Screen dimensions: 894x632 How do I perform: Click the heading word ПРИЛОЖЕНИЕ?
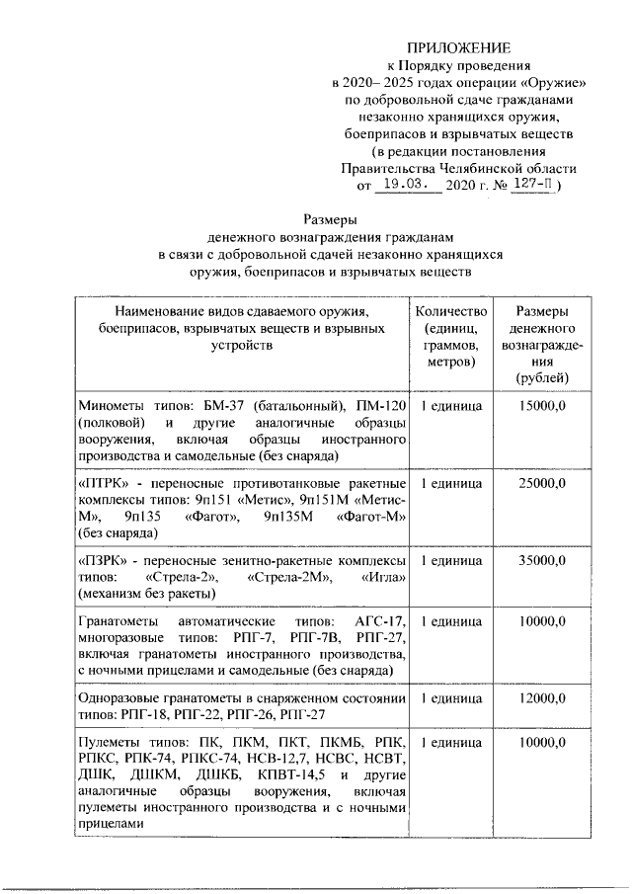[x=461, y=47]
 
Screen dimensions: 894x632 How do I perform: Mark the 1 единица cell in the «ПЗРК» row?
[x=451, y=560]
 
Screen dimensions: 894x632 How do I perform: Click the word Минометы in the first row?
[x=110, y=406]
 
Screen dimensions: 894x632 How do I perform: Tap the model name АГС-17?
[x=383, y=620]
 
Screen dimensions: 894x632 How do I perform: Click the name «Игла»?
[x=381, y=577]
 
